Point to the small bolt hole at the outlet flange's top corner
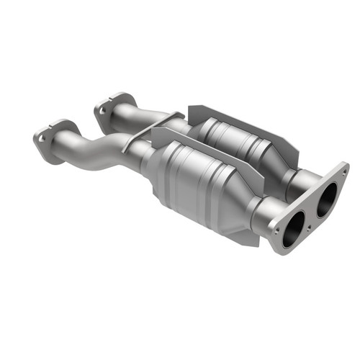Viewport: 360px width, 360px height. pos(341,171)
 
